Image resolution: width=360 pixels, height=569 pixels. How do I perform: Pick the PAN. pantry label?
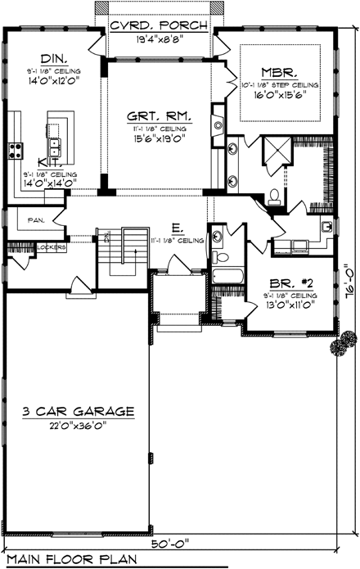pos(35,219)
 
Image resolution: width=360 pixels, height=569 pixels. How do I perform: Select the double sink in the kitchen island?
pos(56,147)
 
